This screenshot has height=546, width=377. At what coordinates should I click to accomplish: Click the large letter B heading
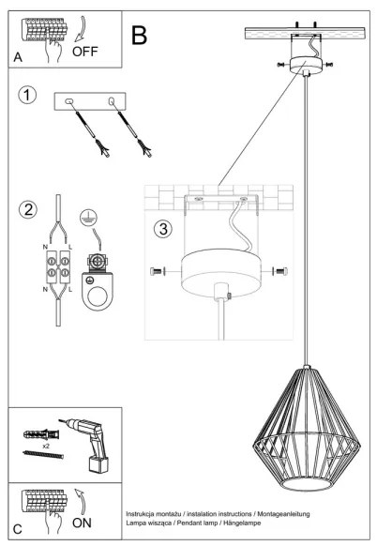(140, 36)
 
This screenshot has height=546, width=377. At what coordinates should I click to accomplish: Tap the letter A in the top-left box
(17, 58)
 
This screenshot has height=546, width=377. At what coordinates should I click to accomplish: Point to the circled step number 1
(28, 97)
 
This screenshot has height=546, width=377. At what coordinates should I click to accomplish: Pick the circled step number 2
(28, 208)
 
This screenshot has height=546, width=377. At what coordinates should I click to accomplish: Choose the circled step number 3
(163, 228)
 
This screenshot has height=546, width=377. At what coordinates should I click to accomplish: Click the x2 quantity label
(45, 447)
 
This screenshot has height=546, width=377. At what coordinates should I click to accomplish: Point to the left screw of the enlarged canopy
(158, 271)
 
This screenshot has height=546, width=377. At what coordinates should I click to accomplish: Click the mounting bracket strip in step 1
(90, 102)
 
